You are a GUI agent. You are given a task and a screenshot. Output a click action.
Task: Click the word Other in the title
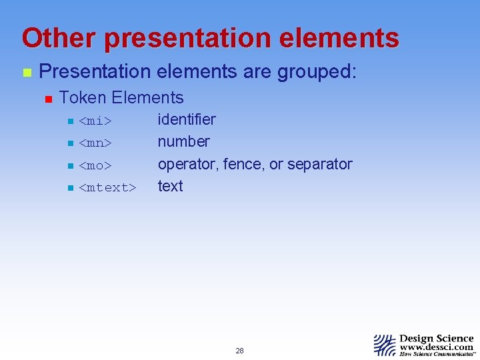click(58, 38)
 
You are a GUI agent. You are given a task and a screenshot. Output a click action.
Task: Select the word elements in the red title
click(341, 38)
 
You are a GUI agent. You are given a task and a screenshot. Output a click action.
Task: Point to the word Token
click(83, 98)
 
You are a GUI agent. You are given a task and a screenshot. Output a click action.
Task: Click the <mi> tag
click(95, 121)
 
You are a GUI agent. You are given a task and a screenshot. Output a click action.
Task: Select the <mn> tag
click(95, 143)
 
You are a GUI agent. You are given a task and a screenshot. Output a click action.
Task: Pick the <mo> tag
click(95, 165)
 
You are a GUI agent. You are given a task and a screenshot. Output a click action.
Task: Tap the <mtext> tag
click(107, 187)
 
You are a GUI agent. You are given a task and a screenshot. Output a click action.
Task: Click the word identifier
click(187, 119)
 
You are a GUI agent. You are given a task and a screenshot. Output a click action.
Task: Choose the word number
click(183, 141)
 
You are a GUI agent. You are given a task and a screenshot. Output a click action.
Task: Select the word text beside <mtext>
click(170, 186)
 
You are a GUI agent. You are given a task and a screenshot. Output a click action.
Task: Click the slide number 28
click(239, 351)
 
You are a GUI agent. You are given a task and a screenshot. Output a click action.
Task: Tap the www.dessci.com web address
click(436, 347)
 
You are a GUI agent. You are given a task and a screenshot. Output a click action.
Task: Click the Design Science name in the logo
click(436, 339)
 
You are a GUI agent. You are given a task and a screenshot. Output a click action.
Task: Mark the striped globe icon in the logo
click(385, 345)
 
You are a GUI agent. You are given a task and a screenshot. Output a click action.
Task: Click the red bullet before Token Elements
click(47, 99)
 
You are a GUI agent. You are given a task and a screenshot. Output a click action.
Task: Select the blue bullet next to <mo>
click(69, 165)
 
